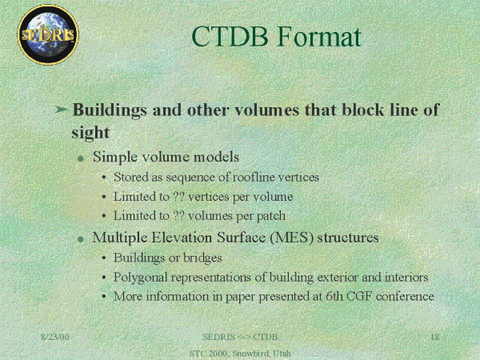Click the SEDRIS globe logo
(48, 34)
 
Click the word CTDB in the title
(230, 37)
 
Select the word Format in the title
(319, 37)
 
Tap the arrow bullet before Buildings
(61, 109)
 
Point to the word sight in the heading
(90, 133)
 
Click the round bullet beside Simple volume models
(81, 158)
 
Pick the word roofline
(254, 177)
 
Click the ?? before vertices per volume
(178, 197)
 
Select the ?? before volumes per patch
(178, 215)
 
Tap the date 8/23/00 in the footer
(55, 337)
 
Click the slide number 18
(434, 337)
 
